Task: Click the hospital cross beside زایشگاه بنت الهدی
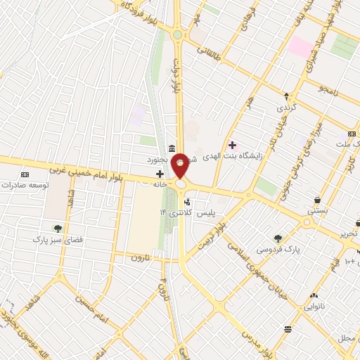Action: [x=233, y=145]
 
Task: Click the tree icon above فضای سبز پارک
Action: [x=58, y=228]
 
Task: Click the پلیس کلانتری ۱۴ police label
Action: [x=212, y=212]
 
